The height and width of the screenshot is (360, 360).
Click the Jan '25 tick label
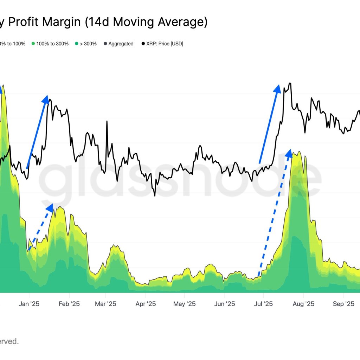[29, 304]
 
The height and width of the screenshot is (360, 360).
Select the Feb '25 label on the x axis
[69, 304]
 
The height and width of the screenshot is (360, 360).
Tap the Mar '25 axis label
[105, 304]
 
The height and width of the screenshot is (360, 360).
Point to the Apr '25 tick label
[146, 304]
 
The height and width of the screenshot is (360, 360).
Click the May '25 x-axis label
[184, 304]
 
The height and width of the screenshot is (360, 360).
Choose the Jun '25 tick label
[224, 304]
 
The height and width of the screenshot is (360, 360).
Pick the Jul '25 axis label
[263, 304]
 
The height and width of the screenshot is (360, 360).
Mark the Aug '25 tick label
[303, 304]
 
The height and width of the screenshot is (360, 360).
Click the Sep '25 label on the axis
[343, 304]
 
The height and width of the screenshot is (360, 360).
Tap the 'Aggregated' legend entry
[121, 44]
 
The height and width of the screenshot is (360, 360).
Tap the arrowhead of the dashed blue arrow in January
[50, 207]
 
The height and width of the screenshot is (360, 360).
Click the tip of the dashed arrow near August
[289, 153]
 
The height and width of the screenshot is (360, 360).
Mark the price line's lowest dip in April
[155, 195]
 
